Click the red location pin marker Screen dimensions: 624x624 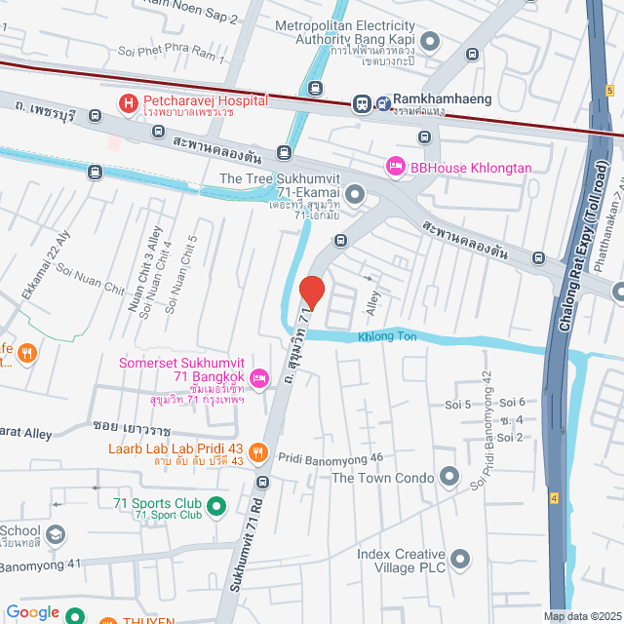(311, 292)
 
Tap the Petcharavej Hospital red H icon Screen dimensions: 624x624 (128, 102)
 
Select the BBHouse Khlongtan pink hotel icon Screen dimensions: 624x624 (395, 168)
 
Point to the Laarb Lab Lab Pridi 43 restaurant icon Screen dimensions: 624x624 (258, 451)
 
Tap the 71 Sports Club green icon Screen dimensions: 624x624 (218, 506)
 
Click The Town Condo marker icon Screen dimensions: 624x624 (448, 477)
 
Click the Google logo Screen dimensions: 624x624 (32, 612)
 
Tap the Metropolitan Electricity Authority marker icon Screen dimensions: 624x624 (431, 41)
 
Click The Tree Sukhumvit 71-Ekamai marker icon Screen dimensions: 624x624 (355, 194)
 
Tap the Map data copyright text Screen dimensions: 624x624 (581, 616)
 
